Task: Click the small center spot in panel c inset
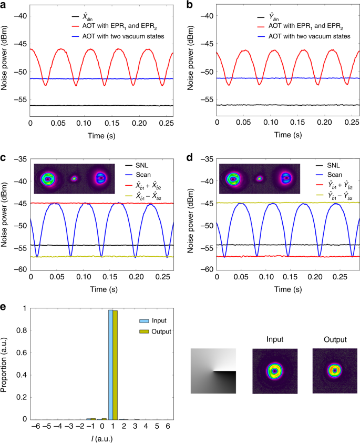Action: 74,178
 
